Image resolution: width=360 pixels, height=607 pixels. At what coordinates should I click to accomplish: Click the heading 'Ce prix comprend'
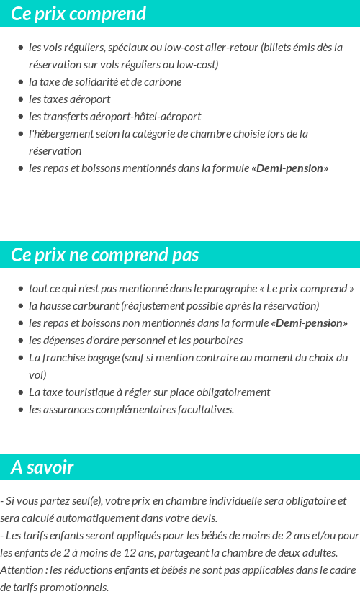coord(78,14)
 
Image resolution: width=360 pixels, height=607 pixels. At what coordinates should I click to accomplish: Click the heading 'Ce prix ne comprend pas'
coord(105,255)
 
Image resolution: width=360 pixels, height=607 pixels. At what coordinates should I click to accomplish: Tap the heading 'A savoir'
coord(42,467)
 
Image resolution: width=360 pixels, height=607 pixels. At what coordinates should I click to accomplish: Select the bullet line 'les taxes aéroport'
coord(69,99)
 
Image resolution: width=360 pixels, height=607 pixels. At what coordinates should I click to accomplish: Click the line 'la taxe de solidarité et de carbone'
coord(105,81)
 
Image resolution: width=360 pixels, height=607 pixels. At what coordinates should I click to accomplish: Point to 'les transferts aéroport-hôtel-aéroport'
coord(114,116)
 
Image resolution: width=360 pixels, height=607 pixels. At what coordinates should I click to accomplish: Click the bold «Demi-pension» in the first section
coord(289,168)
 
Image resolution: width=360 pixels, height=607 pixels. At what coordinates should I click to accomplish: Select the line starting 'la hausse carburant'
coord(174,305)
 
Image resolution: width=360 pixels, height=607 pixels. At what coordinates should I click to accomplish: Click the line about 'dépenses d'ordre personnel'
coord(135,340)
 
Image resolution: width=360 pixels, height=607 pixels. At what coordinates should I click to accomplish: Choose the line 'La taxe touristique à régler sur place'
coord(149,392)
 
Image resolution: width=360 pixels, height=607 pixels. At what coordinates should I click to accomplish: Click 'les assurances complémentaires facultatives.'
coord(131,409)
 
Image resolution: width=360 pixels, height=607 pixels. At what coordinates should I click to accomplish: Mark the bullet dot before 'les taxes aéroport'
coord(21,99)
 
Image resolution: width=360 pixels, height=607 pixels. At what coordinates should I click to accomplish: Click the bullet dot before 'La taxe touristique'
coord(21,392)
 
